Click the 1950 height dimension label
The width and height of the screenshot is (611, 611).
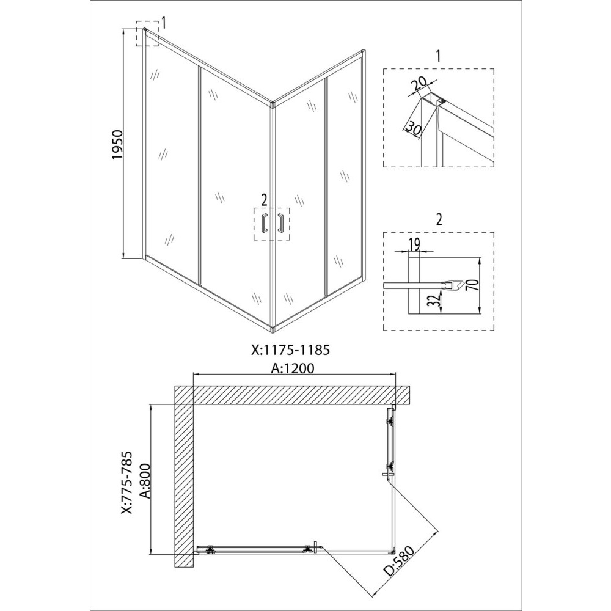click(117, 144)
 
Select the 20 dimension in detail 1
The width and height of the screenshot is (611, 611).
click(420, 83)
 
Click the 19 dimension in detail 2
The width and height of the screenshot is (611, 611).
click(414, 244)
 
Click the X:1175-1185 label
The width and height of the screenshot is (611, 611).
click(290, 349)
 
